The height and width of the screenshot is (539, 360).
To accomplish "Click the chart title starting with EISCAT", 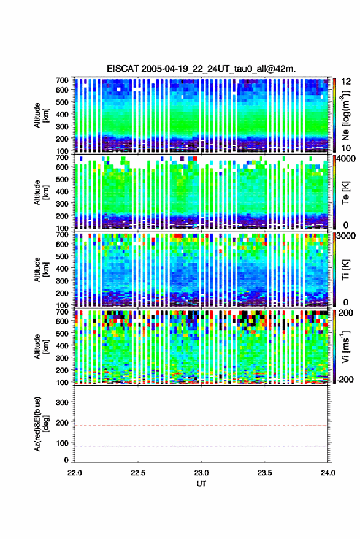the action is pos(201,69).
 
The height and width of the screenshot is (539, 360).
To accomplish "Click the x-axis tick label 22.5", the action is pos(138,473).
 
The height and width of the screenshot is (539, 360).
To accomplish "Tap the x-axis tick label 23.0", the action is pos(201,473).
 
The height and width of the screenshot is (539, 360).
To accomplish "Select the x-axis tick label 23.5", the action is pos(264,473).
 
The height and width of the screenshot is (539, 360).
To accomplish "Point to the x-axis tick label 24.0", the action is pos(327,473).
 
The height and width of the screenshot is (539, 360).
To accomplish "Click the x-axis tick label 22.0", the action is pos(75,473).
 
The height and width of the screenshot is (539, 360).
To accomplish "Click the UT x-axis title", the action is pos(201,484).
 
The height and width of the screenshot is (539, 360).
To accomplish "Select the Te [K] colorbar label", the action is pos(345,193).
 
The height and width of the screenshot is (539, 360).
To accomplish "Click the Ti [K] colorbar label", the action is pos(345,270).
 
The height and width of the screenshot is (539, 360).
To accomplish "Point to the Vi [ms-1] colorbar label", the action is pos(345,346).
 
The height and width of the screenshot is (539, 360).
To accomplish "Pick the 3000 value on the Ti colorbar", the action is pos(347,236).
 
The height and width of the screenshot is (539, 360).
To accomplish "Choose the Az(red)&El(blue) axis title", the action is pos(41,424).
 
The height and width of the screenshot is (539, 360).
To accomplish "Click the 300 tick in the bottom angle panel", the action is pos(62,402).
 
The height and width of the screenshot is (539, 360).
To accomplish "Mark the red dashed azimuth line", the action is pos(201,426).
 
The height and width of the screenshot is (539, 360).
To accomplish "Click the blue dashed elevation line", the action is pos(201,446).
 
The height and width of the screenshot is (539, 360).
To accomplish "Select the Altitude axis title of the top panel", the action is pos(41,115).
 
